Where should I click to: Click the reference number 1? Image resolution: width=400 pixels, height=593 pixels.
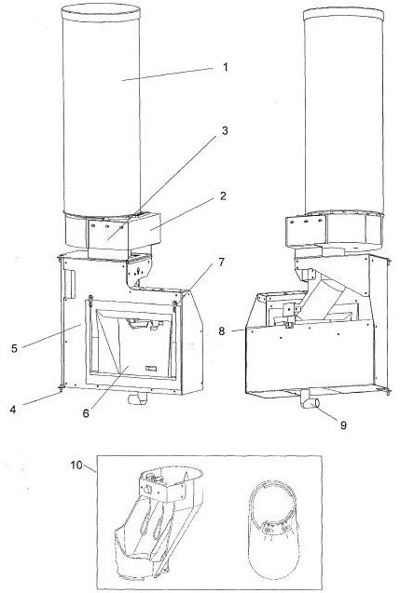pos(226,67)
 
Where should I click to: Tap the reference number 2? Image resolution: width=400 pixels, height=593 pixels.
pos(224,195)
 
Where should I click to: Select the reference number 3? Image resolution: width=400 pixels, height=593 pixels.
pos(225,130)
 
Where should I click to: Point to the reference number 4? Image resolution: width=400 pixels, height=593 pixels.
pos(13,410)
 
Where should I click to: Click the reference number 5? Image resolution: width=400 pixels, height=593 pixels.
pos(14,348)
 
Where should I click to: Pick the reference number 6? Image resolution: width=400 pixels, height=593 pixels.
pos(86,413)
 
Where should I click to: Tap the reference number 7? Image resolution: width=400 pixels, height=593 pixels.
pos(222,262)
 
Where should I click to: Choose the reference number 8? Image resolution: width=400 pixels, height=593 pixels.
pos(222,331)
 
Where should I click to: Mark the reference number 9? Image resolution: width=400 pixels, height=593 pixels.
pos(343,425)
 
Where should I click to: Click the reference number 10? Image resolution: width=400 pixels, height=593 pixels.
pos(76,465)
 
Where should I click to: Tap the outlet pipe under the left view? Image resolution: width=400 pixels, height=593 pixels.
pos(137,398)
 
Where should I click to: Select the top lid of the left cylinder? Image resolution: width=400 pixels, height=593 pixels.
pos(101,12)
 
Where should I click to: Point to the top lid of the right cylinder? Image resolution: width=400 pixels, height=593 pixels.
pos(343,13)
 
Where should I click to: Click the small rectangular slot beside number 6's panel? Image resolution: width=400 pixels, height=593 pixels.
pos(151,368)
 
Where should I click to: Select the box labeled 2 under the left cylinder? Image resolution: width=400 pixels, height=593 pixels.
pos(144,231)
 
